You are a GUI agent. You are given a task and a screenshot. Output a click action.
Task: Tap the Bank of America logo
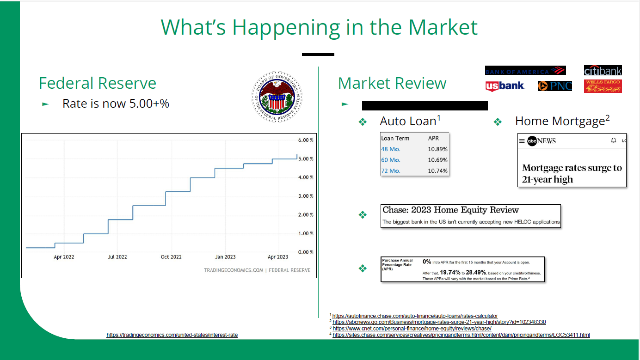click(x=525, y=71)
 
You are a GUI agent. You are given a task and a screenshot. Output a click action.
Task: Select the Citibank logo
click(x=603, y=70)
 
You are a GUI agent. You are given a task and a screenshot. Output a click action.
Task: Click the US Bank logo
click(x=505, y=85)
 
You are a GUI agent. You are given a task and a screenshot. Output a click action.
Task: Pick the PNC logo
click(x=555, y=85)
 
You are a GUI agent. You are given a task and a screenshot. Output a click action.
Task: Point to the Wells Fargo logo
click(x=603, y=86)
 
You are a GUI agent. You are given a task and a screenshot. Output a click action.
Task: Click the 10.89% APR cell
click(x=437, y=149)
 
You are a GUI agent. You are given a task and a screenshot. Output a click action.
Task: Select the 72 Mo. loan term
click(x=391, y=171)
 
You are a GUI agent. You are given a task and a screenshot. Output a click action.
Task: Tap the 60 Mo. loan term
click(x=391, y=160)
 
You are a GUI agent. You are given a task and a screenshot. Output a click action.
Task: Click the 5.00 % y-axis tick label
click(x=306, y=159)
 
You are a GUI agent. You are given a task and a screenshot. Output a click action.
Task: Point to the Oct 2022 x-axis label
click(x=171, y=257)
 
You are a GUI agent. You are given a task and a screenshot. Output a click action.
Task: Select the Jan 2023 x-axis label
click(x=225, y=257)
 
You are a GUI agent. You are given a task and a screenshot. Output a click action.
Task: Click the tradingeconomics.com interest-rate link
click(x=172, y=335)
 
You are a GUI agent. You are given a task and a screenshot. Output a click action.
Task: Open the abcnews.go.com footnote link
click(x=439, y=322)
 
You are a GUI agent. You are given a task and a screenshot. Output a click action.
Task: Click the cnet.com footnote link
click(x=412, y=329)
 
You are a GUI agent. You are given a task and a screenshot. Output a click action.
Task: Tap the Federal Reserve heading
click(x=98, y=83)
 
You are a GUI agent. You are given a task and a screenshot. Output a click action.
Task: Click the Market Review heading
click(x=392, y=83)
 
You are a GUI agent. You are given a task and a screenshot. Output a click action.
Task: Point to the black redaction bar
click(x=425, y=105)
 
